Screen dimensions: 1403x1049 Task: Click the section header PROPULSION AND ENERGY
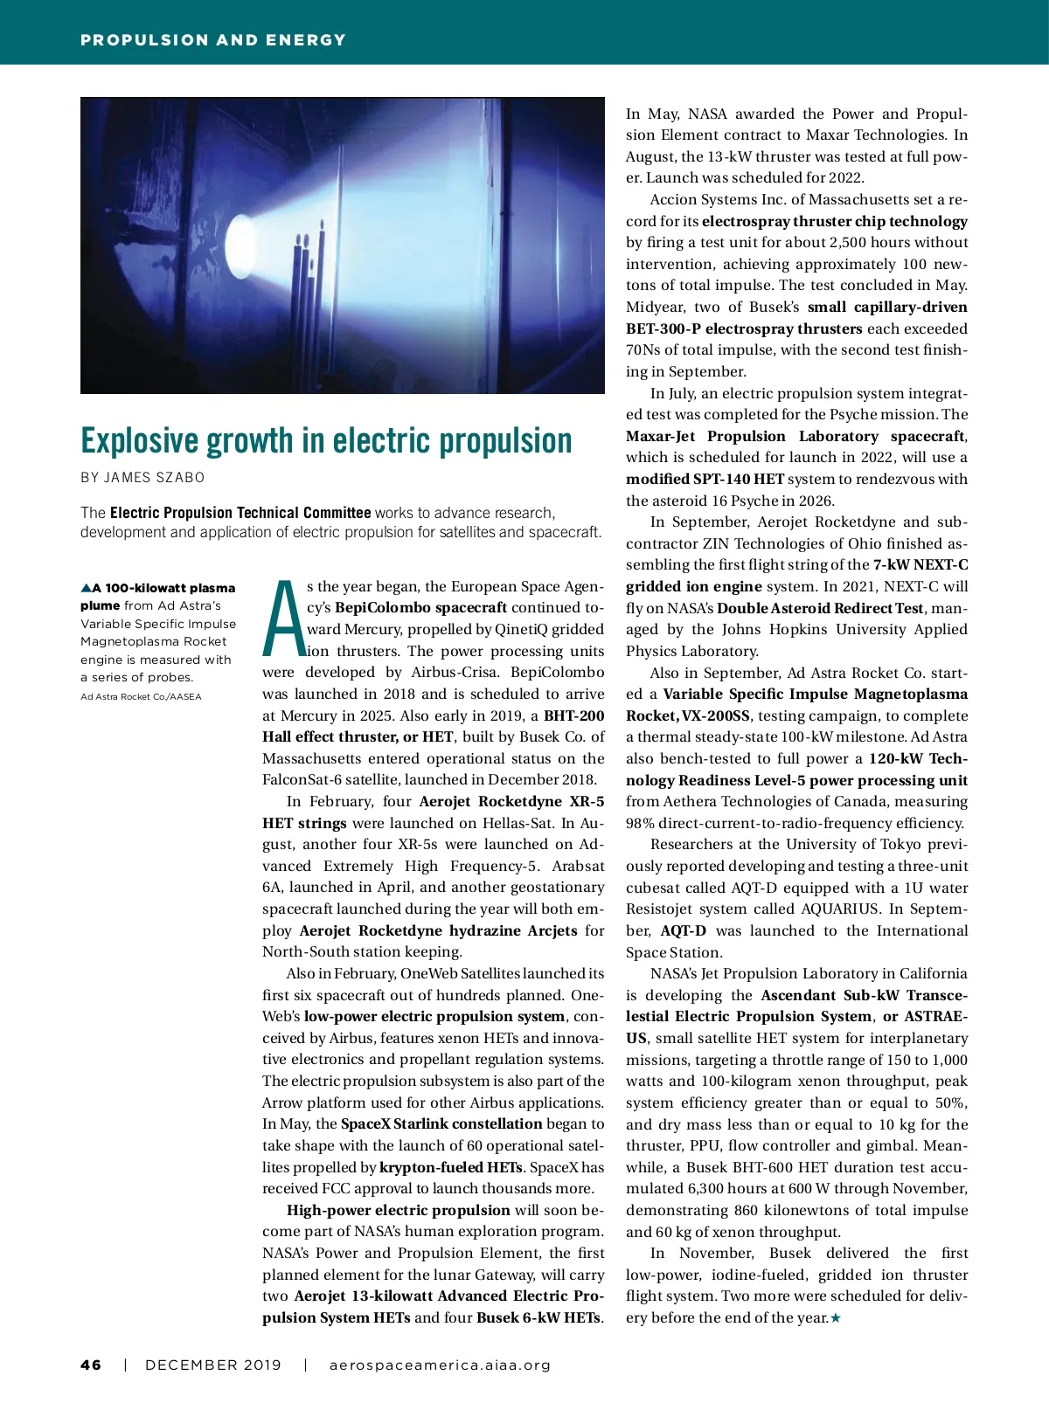tap(213, 40)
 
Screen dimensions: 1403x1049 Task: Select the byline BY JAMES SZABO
tap(142, 478)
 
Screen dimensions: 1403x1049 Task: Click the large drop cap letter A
tap(282, 619)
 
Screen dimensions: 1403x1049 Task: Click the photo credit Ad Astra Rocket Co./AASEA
tap(141, 697)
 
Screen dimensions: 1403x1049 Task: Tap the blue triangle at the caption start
tap(86, 588)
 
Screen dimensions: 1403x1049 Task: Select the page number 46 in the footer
tap(91, 1365)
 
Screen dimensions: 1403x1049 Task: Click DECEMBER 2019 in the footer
tap(213, 1365)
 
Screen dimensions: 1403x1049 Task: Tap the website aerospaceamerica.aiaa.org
tap(440, 1365)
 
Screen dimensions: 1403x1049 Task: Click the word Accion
tap(672, 200)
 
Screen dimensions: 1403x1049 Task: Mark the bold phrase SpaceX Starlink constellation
tap(441, 1124)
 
